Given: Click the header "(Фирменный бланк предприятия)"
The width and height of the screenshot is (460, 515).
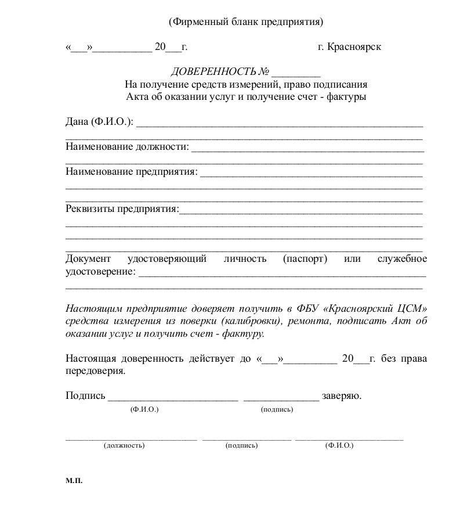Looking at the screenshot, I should point(245,22).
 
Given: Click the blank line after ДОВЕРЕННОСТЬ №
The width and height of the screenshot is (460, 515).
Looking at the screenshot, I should point(296,73).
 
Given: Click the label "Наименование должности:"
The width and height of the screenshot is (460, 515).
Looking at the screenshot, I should point(127,147).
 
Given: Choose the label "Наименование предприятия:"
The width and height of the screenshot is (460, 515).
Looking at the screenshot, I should point(131,172).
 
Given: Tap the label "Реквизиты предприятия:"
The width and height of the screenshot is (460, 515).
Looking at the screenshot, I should point(122,208).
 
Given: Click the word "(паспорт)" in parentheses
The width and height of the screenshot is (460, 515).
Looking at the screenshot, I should point(305,258).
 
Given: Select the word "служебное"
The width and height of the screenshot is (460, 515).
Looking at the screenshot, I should point(402,258).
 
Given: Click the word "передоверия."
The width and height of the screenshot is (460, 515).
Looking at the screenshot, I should point(95,371).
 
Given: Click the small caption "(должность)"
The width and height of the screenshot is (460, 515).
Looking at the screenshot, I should point(124,445).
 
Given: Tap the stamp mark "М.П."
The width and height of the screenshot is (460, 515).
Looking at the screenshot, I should point(74,481).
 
